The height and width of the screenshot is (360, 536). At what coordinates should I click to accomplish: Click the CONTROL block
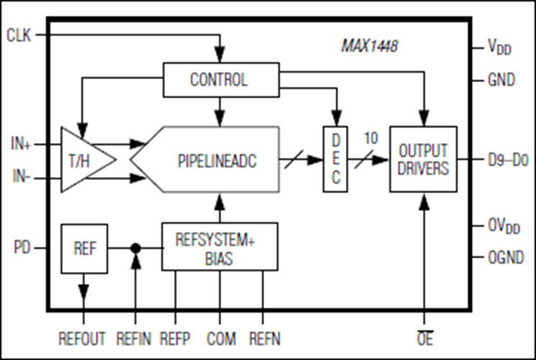click(x=221, y=80)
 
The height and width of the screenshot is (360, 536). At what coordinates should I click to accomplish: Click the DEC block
click(x=335, y=159)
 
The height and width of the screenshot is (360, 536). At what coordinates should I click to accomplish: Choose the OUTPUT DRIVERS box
click(x=424, y=159)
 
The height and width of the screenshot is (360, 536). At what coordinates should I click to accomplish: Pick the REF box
click(x=84, y=248)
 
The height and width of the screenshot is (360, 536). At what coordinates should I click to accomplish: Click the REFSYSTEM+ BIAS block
click(x=219, y=246)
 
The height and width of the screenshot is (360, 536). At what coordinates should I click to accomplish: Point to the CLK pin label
click(x=19, y=35)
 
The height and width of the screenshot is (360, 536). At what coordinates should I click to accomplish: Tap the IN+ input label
click(x=21, y=144)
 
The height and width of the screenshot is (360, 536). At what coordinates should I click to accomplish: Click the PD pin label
click(x=22, y=248)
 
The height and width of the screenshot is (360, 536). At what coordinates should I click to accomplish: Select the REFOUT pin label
click(x=82, y=339)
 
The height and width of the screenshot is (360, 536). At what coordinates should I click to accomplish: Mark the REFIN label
click(x=134, y=339)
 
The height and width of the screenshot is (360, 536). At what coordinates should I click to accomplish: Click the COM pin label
click(x=221, y=339)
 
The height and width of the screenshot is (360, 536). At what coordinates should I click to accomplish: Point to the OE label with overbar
click(x=425, y=338)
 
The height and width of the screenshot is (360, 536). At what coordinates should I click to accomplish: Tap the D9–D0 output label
click(x=508, y=160)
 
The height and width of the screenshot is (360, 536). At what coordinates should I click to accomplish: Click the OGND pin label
click(x=506, y=257)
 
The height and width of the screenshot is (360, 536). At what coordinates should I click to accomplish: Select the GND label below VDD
click(x=501, y=80)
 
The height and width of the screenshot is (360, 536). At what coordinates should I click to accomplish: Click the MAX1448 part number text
click(x=370, y=46)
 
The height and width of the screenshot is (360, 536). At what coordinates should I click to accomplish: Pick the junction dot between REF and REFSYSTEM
click(x=136, y=248)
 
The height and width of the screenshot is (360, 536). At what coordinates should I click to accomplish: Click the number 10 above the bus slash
click(x=371, y=138)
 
